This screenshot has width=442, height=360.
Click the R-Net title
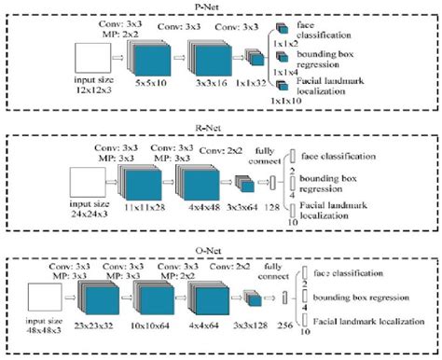pos(221,129)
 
